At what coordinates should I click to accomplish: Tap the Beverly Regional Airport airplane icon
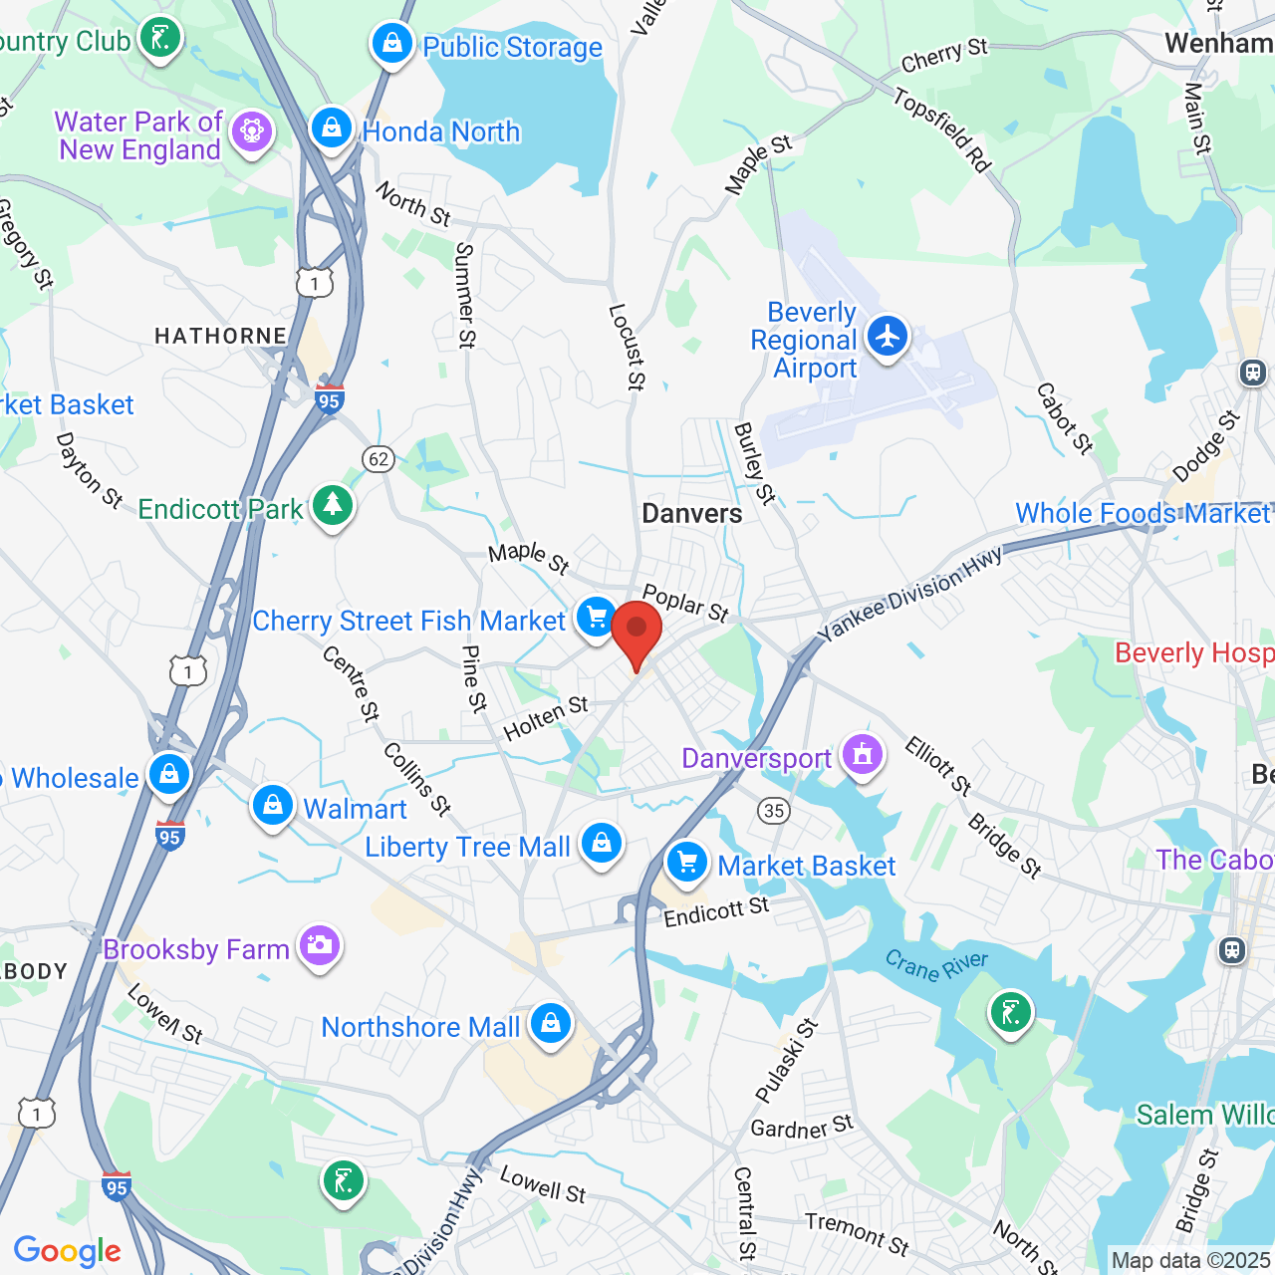pos(886,336)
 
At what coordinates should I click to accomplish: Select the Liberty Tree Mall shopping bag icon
pos(602,844)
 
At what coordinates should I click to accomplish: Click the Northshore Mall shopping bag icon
pos(550,1023)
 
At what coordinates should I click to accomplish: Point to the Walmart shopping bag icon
pos(272,805)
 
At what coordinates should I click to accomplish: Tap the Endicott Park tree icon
pos(333,505)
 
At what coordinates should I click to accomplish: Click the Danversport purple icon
pos(863,755)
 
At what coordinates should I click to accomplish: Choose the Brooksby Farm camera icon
pos(319,945)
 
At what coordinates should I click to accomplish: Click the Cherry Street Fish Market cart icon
pos(596,618)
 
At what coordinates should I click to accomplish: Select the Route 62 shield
pos(379,459)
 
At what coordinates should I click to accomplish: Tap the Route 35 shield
pos(774,810)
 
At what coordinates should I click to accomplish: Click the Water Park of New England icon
pos(251,131)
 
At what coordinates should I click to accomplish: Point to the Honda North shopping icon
pos(332,128)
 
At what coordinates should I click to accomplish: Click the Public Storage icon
pos(392,44)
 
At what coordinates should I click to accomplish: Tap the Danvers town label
pos(692,514)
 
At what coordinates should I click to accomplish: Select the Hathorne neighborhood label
pos(220,337)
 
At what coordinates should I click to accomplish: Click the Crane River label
pos(936,965)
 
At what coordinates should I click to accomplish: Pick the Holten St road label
pos(546,719)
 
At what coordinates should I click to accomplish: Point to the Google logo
pos(67,1251)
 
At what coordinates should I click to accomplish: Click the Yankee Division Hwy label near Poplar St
pos(909,595)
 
